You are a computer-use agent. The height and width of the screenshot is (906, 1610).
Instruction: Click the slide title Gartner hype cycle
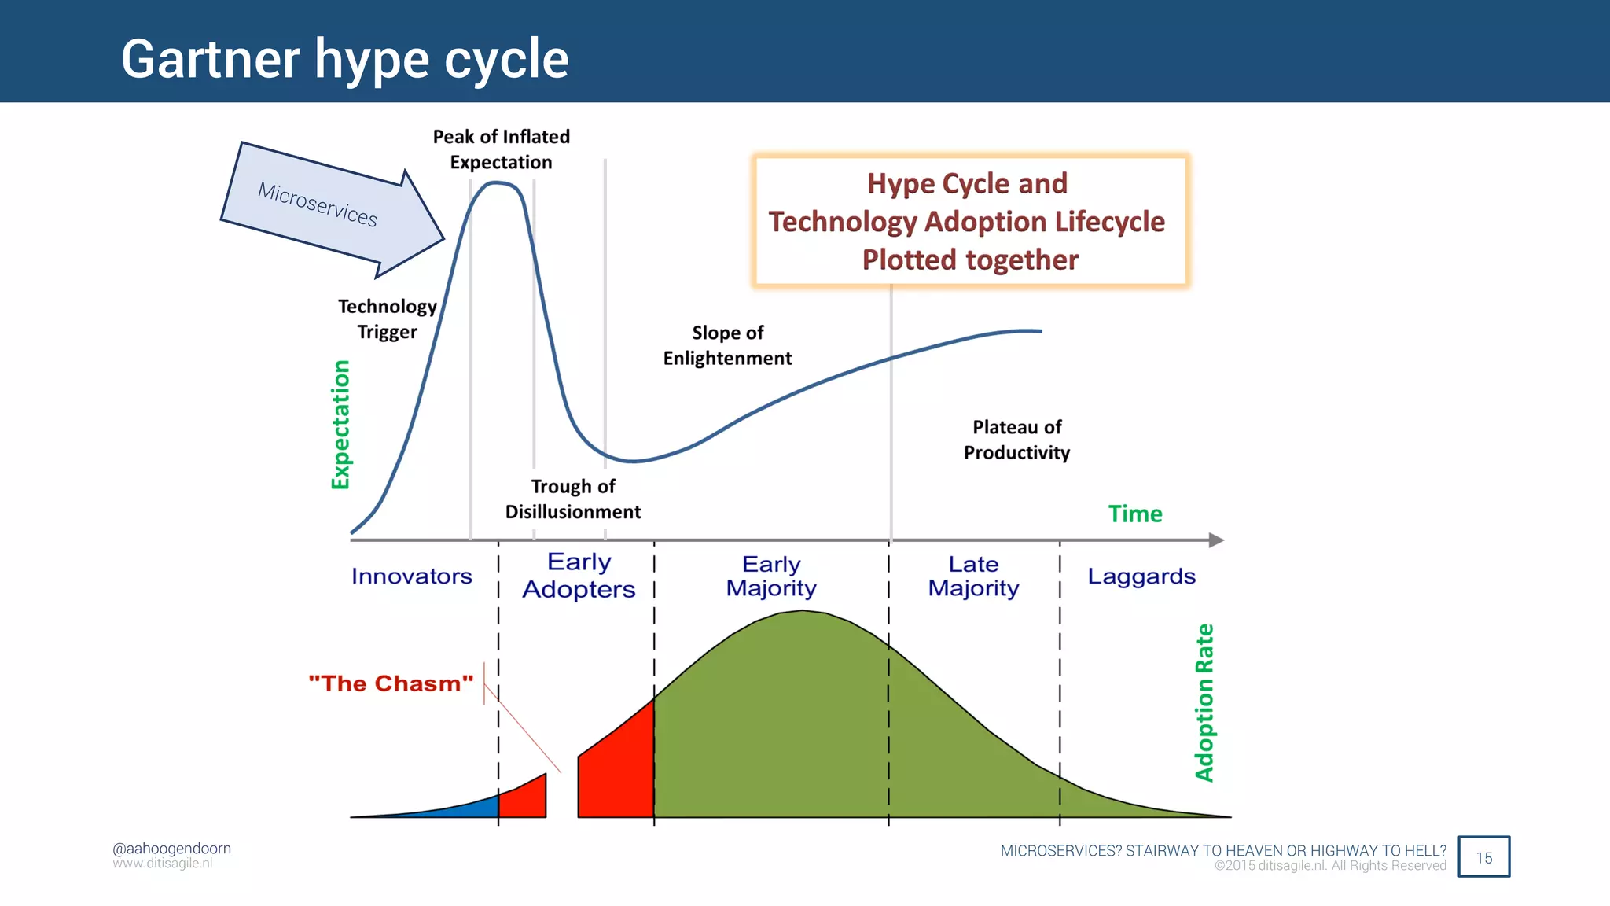click(x=344, y=59)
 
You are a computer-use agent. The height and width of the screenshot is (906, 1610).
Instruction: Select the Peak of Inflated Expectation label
click(x=502, y=149)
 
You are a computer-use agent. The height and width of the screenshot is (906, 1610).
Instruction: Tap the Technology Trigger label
click(x=387, y=319)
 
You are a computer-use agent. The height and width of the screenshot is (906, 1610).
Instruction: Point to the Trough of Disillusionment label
click(x=573, y=499)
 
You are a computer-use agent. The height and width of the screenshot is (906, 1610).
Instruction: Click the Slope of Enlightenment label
click(x=727, y=345)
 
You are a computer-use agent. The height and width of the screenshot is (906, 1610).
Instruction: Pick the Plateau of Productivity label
click(x=1016, y=440)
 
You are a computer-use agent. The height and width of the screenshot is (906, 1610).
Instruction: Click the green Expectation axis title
click(x=340, y=425)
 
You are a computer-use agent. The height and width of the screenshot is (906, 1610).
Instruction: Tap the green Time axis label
click(x=1134, y=514)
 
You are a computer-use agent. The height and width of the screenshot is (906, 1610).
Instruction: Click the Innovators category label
click(x=411, y=576)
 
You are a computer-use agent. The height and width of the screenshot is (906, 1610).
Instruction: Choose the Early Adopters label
click(x=579, y=576)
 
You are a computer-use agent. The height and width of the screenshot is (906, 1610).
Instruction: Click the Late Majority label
click(x=973, y=576)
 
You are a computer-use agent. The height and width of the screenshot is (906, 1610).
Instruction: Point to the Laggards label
click(x=1141, y=576)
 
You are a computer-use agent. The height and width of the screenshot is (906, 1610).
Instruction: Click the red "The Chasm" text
click(x=391, y=683)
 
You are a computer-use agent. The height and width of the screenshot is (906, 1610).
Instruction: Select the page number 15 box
click(x=1483, y=857)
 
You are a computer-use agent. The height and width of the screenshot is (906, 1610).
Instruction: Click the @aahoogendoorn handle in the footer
click(x=171, y=849)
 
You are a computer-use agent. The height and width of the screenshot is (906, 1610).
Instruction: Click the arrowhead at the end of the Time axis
click(x=1216, y=540)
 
